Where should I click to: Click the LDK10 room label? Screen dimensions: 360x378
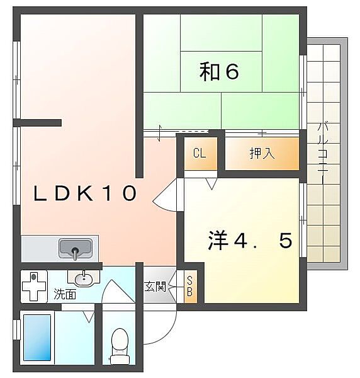(x=85, y=193)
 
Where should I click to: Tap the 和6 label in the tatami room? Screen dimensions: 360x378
(x=219, y=71)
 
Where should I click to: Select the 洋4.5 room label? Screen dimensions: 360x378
(x=250, y=240)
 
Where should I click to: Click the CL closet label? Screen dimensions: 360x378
(x=200, y=153)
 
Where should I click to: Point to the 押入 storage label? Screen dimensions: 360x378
(x=262, y=153)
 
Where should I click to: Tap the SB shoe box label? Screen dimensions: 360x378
(x=189, y=287)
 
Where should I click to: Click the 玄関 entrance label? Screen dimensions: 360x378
(x=155, y=287)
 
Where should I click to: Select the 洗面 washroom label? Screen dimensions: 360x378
(x=65, y=294)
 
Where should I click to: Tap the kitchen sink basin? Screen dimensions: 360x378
(x=76, y=248)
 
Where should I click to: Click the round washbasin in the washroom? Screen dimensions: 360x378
(x=84, y=279)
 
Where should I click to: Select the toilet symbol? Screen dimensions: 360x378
(x=120, y=346)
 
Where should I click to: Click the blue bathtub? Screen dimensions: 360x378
(x=37, y=338)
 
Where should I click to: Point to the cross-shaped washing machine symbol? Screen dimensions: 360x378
(x=34, y=286)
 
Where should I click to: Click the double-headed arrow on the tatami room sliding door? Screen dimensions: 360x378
(x=159, y=133)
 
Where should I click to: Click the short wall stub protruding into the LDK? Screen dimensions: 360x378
(x=37, y=123)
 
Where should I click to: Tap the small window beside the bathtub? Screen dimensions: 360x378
(x=16, y=329)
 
